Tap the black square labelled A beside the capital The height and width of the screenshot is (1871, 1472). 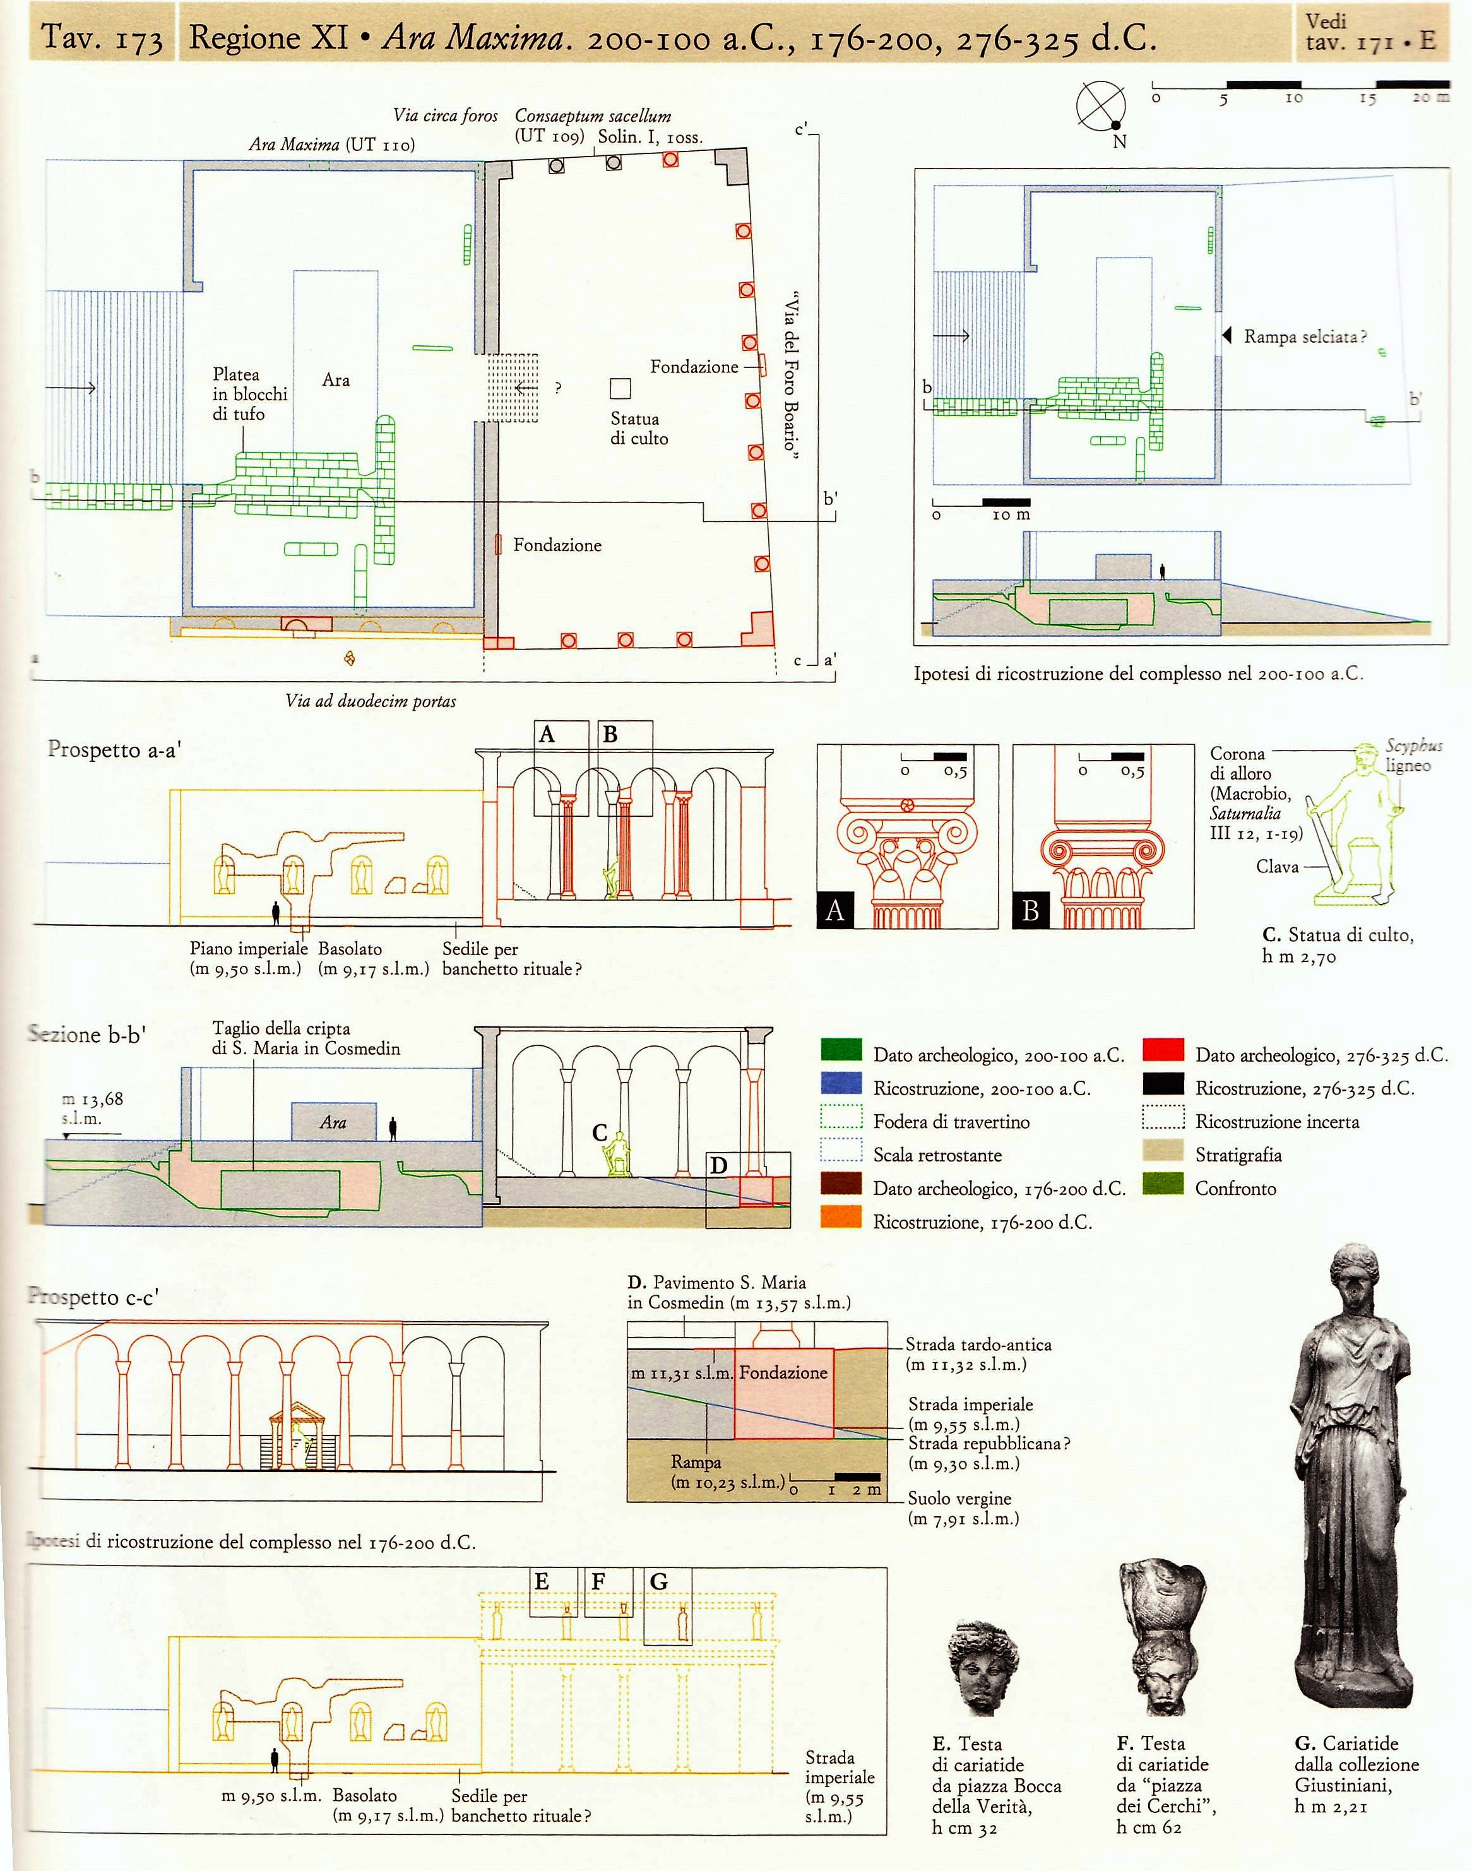click(x=834, y=910)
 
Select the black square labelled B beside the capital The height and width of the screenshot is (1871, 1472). click(x=1030, y=910)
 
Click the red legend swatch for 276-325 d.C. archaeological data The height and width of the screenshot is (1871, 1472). click(x=1163, y=1050)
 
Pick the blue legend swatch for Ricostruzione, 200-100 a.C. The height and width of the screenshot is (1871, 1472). click(x=841, y=1083)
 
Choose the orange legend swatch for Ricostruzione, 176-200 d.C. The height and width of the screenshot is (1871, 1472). click(x=841, y=1217)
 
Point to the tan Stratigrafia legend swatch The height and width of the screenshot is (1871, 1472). click(x=1163, y=1151)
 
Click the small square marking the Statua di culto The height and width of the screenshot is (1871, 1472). click(x=620, y=389)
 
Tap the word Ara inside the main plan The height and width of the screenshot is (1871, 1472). click(x=335, y=380)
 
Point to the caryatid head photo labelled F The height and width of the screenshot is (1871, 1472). click(x=1163, y=1637)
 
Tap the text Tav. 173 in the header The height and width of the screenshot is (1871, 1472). click(x=102, y=38)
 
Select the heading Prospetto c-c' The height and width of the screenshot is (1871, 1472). click(x=93, y=1297)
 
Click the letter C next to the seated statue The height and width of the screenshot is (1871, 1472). click(x=600, y=1132)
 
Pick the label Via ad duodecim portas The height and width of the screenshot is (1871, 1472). click(x=371, y=701)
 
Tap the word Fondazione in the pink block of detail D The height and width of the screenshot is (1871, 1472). click(x=783, y=1372)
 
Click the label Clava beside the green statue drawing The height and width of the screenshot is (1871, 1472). click(x=1276, y=866)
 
